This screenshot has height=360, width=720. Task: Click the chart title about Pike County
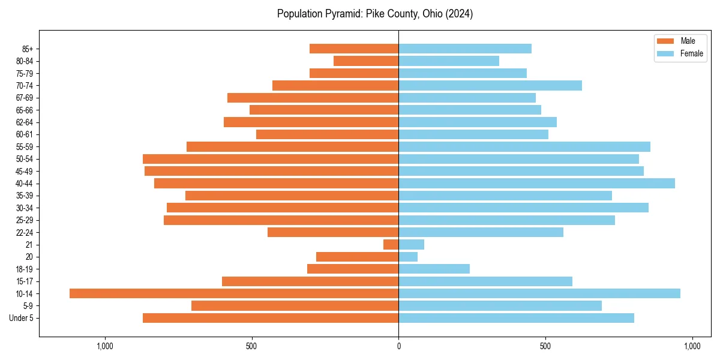pos(375,14)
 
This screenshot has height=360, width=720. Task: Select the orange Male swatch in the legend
pos(665,41)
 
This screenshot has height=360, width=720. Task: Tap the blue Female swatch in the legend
pos(665,53)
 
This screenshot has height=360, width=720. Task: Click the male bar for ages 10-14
pos(234,293)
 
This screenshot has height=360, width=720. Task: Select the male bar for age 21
pos(391,244)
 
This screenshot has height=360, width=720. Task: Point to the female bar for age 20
pos(408,257)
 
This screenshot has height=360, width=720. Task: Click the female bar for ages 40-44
pos(536,183)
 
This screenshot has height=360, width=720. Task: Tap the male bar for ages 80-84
pos(366,61)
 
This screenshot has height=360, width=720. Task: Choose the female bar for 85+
pos(465,49)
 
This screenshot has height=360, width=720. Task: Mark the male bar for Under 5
pos(271,318)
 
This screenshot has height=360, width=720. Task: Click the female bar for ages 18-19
pos(434,269)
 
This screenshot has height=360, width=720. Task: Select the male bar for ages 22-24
pos(333,232)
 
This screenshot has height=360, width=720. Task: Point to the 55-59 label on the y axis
pos(25,146)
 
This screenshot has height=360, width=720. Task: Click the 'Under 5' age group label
pos(22,318)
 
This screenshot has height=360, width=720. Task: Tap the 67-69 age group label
pos(25,98)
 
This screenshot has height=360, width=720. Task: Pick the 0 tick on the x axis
pos(398,346)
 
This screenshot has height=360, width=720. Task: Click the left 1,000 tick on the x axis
pos(105,346)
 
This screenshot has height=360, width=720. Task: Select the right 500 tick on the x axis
pos(545,346)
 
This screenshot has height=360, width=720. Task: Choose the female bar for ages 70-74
pos(490,85)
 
